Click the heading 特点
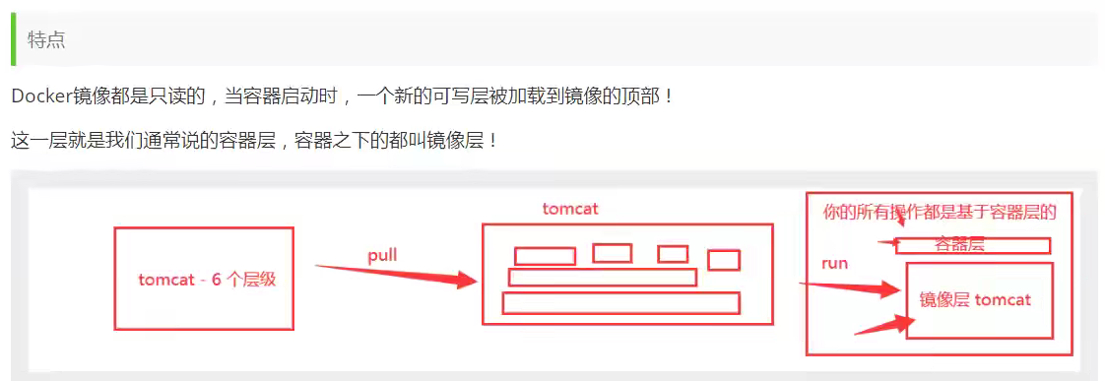tap(46, 39)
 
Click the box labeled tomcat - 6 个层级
tap(204, 279)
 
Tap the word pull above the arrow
tap(382, 256)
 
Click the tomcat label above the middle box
tap(570, 209)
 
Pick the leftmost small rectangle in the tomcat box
tap(545, 256)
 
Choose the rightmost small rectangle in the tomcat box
tap(724, 260)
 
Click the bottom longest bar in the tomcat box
tap(620, 303)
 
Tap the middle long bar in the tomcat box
tap(603, 278)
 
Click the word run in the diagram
tap(834, 264)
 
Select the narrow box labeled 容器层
tap(972, 245)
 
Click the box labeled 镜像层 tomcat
tap(979, 299)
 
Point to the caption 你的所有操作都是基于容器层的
tap(940, 212)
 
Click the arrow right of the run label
tap(852, 287)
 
